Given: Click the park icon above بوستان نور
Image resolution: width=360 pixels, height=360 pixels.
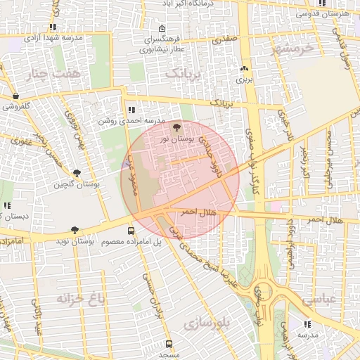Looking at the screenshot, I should [x=176, y=127].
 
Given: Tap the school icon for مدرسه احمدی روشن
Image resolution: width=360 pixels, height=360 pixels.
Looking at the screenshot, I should [x=131, y=109].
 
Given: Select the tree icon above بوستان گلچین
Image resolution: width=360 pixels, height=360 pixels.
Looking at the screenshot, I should [x=76, y=172].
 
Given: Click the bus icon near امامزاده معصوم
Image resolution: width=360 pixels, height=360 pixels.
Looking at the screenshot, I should [x=131, y=231].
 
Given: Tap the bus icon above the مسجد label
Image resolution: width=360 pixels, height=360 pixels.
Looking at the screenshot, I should [x=169, y=344].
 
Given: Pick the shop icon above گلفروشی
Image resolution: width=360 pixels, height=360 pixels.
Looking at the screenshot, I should [x=15, y=96].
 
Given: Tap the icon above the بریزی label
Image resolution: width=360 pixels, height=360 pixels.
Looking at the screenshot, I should [x=244, y=69].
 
